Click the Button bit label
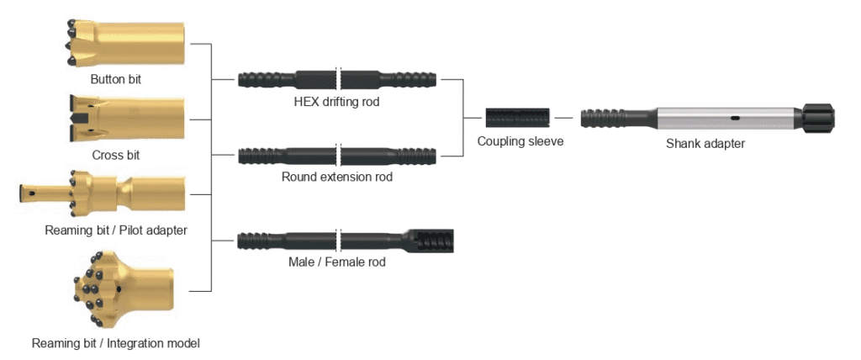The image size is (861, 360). (116, 80)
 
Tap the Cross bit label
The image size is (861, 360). (116, 155)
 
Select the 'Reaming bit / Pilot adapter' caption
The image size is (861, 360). (116, 229)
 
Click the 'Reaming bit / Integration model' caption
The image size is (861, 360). (115, 343)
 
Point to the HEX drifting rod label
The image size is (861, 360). (336, 102)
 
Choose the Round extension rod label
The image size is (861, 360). (336, 177)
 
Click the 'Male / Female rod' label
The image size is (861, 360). (336, 262)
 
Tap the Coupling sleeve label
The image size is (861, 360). (520, 141)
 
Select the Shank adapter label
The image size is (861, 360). (705, 144)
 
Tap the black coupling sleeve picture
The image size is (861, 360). (518, 118)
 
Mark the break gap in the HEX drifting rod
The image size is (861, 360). (339, 80)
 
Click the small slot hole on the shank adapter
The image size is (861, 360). (734, 118)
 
